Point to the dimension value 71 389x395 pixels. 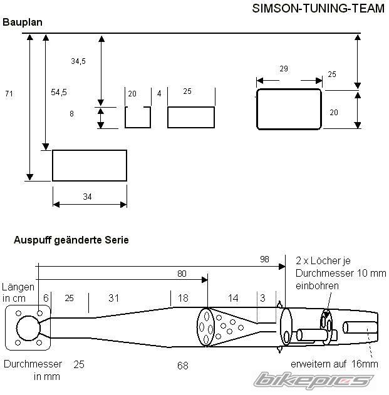point(9,93)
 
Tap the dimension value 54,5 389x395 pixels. point(59,92)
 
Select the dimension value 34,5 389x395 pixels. point(78,61)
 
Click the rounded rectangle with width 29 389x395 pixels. point(289,109)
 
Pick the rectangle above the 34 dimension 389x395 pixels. point(89,165)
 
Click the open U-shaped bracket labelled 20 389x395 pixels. point(137,117)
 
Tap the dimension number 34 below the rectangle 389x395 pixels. point(88,197)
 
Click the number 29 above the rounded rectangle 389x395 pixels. point(283,68)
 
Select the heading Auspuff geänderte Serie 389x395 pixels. point(71,240)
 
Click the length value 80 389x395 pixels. point(182,274)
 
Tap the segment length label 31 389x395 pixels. point(113,298)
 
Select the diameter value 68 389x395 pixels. point(182,364)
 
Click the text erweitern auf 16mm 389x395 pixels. point(335,364)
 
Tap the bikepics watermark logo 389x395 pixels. point(313,380)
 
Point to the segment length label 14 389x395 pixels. point(233,298)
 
